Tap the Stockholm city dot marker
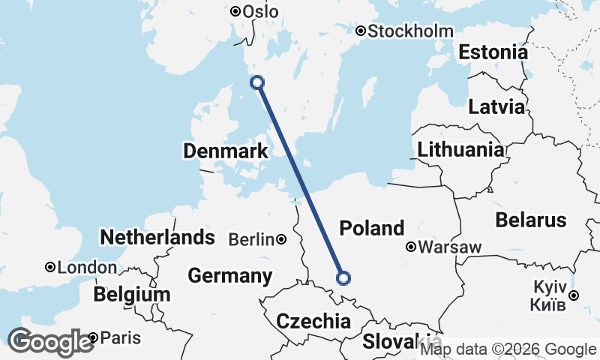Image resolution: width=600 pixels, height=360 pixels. click(x=361, y=31)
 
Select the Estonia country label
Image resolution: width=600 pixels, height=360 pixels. click(x=493, y=52)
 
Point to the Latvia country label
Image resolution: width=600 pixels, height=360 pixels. click(x=496, y=106)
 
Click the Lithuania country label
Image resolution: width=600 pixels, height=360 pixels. click(x=461, y=149)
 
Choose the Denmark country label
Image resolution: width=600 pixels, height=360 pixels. click(x=226, y=151)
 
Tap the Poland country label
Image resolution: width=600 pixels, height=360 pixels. click(x=372, y=227)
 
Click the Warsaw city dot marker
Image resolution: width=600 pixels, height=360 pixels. click(x=411, y=247)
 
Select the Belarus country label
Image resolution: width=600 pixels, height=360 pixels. click(x=530, y=220)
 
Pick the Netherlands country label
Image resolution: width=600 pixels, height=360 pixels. click(x=157, y=238)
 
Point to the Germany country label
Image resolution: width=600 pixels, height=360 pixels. click(x=229, y=275)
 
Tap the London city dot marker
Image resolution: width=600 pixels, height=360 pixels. click(x=50, y=267)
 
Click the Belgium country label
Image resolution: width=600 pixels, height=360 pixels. click(x=132, y=295)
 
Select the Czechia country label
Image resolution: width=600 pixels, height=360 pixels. click(x=313, y=322)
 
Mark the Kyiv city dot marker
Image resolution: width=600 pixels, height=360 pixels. click(x=574, y=295)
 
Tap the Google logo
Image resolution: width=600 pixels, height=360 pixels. click(x=50, y=342)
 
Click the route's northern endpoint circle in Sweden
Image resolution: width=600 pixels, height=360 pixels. click(x=257, y=82)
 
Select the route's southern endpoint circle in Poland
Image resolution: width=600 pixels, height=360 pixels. click(x=343, y=278)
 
